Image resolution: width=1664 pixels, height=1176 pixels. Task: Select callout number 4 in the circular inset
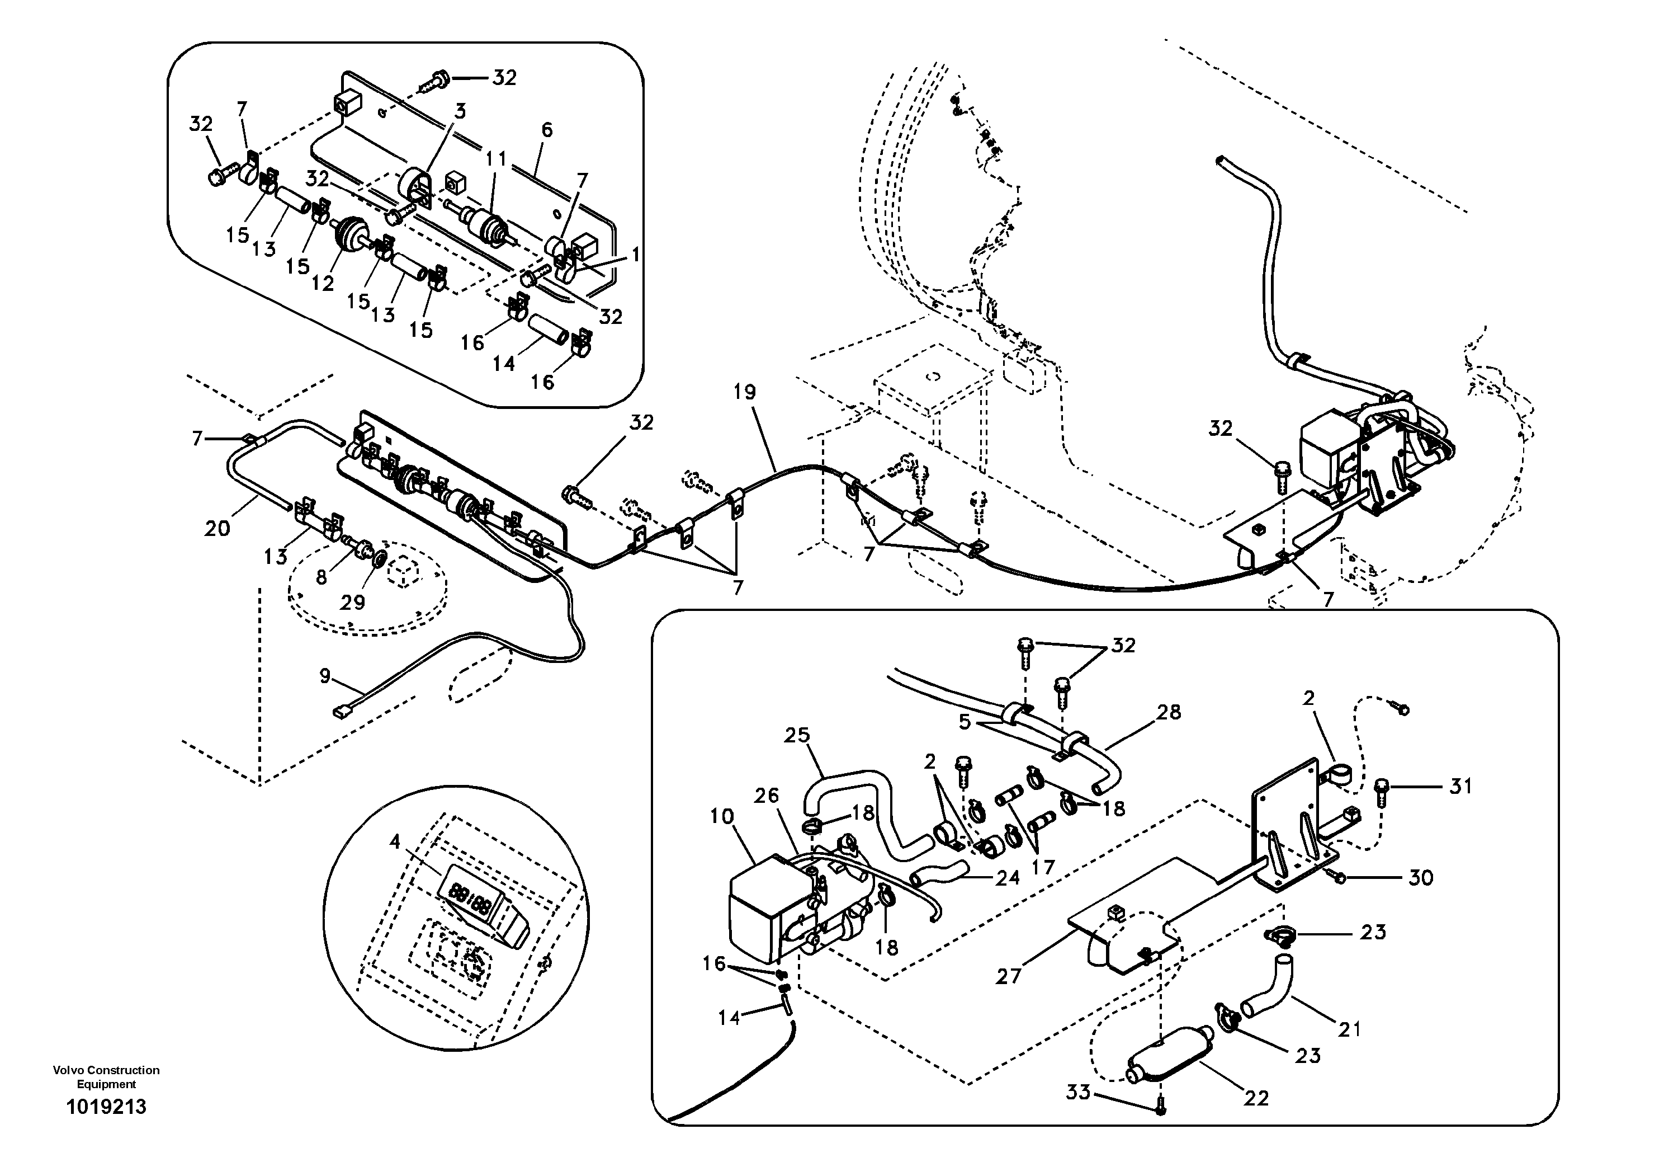coord(394,842)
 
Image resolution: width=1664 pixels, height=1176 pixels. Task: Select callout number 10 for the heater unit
coord(722,816)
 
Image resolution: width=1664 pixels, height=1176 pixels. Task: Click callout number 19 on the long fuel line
coord(744,392)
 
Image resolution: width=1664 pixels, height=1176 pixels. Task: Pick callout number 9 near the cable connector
coord(325,676)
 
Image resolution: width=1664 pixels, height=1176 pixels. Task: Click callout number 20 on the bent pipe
coord(217,529)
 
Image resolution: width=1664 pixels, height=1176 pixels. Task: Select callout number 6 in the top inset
coord(546,130)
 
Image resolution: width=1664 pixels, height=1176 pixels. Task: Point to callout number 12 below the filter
coord(323,284)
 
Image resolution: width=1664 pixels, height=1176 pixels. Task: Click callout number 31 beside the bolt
coord(1460,786)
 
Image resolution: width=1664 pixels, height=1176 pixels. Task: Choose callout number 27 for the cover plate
coord(1008,977)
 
